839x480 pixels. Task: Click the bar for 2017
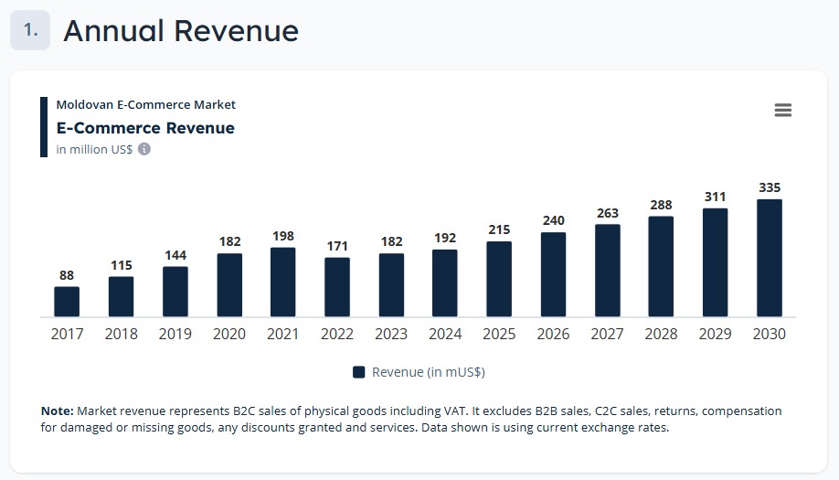(x=67, y=302)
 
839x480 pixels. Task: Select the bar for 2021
(x=283, y=283)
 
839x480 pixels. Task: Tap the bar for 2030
(x=770, y=258)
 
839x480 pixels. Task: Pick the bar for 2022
(x=337, y=287)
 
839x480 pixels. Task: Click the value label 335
(x=770, y=188)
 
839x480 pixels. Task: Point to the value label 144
(x=175, y=256)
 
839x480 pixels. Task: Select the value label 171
(x=337, y=247)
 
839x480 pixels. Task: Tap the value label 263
(x=608, y=214)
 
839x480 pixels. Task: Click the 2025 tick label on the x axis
(x=499, y=335)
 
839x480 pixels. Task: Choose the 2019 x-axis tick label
(x=175, y=335)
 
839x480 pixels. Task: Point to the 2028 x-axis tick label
(x=662, y=335)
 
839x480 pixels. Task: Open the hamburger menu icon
(x=782, y=111)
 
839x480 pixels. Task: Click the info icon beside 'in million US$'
(x=144, y=149)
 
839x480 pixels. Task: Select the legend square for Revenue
(x=359, y=372)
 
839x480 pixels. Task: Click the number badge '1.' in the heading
(x=30, y=30)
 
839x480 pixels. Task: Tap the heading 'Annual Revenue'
(x=181, y=31)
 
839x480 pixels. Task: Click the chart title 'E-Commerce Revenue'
(x=145, y=128)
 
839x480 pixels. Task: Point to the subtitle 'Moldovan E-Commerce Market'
(x=146, y=105)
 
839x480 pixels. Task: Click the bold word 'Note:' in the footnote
(x=58, y=411)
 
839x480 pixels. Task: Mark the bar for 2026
(x=553, y=274)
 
